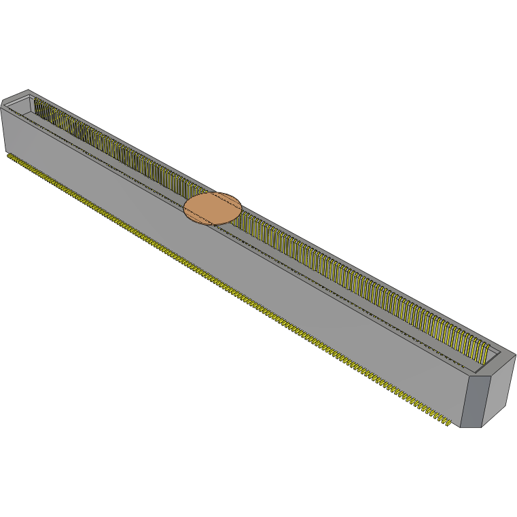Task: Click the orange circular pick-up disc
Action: click(x=213, y=208)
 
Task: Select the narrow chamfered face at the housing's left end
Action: click(x=2, y=128)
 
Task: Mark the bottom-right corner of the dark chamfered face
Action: click(x=482, y=427)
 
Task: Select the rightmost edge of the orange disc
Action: click(x=242, y=206)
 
